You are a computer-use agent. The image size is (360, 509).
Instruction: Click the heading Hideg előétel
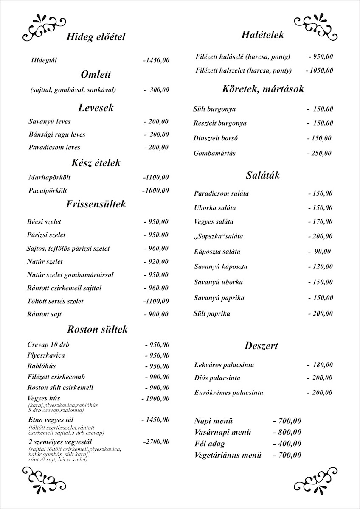tap(96, 37)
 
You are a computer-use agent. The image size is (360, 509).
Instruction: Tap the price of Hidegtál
tap(156, 61)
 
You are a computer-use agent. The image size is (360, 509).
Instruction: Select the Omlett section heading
tap(96, 75)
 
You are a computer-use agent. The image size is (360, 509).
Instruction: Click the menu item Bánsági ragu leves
tap(57, 134)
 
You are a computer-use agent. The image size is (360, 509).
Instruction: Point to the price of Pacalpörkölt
tap(155, 190)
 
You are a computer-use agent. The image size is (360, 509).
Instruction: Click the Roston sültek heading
tap(97, 329)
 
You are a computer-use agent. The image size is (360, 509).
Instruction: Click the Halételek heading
tap(262, 35)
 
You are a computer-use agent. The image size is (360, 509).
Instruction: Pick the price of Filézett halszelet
tap(319, 70)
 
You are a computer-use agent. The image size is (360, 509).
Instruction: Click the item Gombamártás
tap(214, 153)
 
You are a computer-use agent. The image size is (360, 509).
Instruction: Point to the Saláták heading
tap(263, 175)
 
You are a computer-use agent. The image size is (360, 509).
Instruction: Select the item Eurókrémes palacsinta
tap(228, 393)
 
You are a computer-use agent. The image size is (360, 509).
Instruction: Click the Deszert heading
tap(261, 346)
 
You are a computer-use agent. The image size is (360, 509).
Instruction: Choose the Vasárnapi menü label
tap(222, 433)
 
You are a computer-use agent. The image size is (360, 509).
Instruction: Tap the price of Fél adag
tap(287, 444)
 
